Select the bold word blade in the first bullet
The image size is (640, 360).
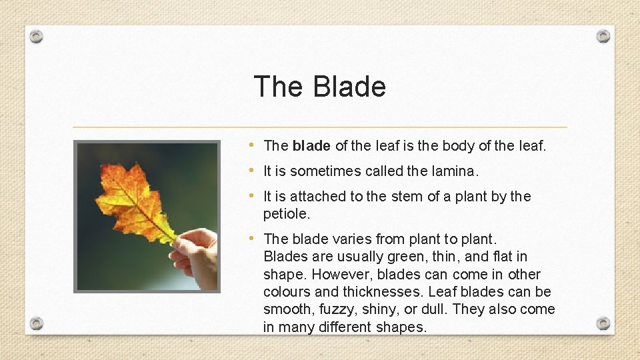(x=311, y=145)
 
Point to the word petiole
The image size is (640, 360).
(x=287, y=214)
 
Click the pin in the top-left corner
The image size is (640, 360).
(x=37, y=36)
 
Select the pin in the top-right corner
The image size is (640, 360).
(x=603, y=36)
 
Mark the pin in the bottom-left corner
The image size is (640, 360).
(x=37, y=323)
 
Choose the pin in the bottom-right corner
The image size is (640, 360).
(x=603, y=323)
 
